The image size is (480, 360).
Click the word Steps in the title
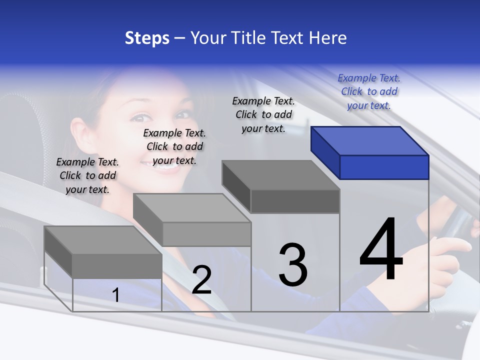click(x=147, y=38)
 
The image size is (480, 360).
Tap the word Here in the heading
click(x=328, y=38)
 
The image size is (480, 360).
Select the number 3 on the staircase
click(x=293, y=265)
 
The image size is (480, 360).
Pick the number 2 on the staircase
click(x=201, y=280)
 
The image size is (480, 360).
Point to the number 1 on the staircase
click(x=116, y=295)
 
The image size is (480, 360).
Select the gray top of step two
click(x=192, y=208)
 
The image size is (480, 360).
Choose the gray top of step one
click(x=103, y=240)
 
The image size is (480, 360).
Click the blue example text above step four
click(x=369, y=91)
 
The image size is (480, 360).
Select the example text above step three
click(x=263, y=114)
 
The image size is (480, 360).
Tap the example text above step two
click(x=174, y=146)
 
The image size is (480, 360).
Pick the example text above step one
click(x=87, y=175)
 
